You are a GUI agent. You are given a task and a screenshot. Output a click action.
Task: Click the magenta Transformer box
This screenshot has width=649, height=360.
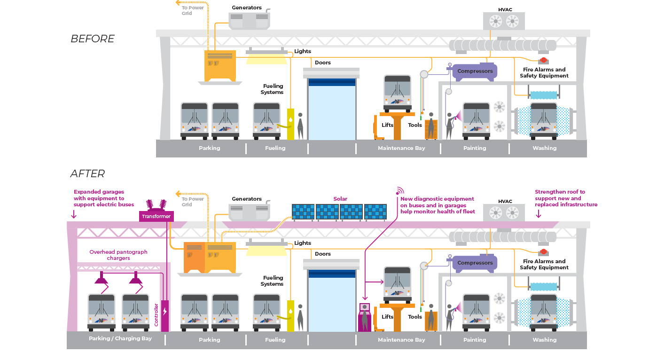[x=156, y=216]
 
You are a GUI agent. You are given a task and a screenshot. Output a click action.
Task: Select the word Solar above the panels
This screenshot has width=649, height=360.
[x=340, y=199]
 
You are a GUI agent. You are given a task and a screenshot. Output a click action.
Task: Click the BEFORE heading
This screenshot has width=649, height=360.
[x=93, y=39]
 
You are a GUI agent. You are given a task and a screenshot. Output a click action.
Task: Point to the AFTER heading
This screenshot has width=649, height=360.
[x=87, y=174]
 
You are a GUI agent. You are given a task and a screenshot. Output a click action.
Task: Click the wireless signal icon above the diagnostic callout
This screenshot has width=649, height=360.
[x=400, y=191]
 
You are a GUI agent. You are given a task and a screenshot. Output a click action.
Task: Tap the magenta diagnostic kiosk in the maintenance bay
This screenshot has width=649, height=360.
[x=364, y=317]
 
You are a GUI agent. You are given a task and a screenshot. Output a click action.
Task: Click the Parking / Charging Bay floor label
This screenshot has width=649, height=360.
[x=120, y=338]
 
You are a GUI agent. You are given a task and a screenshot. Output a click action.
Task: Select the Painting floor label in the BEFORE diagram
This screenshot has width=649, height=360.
[x=475, y=148]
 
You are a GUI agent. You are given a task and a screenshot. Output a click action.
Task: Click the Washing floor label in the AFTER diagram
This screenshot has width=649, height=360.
[x=544, y=340]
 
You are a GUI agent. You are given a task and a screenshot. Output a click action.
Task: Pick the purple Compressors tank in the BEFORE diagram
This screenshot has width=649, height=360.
[x=475, y=71]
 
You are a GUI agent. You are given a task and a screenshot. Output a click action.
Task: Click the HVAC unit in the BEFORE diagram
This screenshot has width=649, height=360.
[x=504, y=21]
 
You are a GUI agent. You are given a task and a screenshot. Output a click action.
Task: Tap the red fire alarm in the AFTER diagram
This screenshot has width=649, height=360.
[x=543, y=252]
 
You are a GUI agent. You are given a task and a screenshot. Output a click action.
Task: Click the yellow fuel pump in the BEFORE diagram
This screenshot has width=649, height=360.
[x=290, y=124]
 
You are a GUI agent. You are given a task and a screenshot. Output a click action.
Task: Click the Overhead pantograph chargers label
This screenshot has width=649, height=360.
[x=118, y=255]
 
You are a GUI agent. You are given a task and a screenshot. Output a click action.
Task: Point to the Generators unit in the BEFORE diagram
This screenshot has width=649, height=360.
[x=249, y=21]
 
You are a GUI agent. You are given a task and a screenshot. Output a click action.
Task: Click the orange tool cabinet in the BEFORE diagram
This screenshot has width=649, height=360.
[x=431, y=129]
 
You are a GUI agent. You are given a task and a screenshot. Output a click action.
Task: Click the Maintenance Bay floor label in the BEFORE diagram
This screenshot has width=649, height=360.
[x=401, y=148]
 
